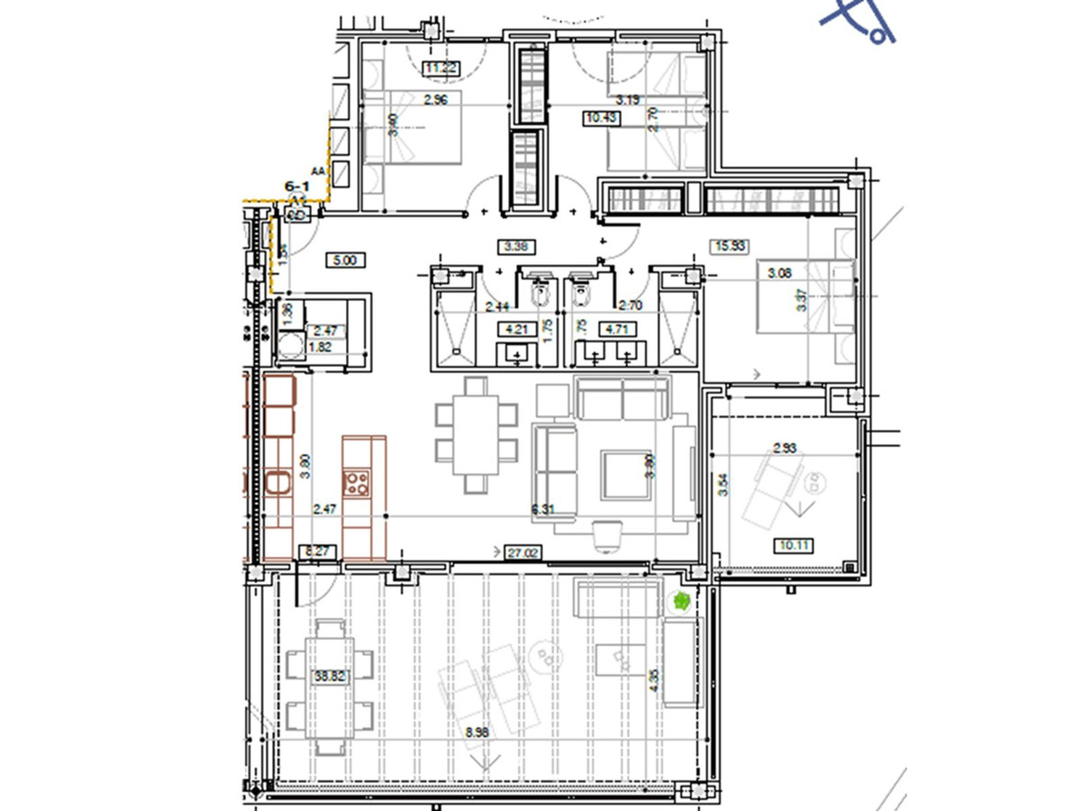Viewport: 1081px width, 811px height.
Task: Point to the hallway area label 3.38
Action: (x=517, y=245)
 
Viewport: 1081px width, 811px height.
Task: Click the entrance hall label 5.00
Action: (x=345, y=260)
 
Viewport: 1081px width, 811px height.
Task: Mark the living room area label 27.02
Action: (x=523, y=552)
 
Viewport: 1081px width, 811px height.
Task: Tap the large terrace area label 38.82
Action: (x=329, y=675)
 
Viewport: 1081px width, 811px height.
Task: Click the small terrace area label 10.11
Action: (x=794, y=544)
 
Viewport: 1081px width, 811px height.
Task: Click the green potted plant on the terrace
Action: (x=679, y=600)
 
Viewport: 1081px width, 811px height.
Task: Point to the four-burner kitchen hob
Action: (x=357, y=482)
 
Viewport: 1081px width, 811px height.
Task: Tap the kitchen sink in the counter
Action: (x=277, y=485)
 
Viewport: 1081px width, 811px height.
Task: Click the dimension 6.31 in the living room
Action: (x=542, y=510)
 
